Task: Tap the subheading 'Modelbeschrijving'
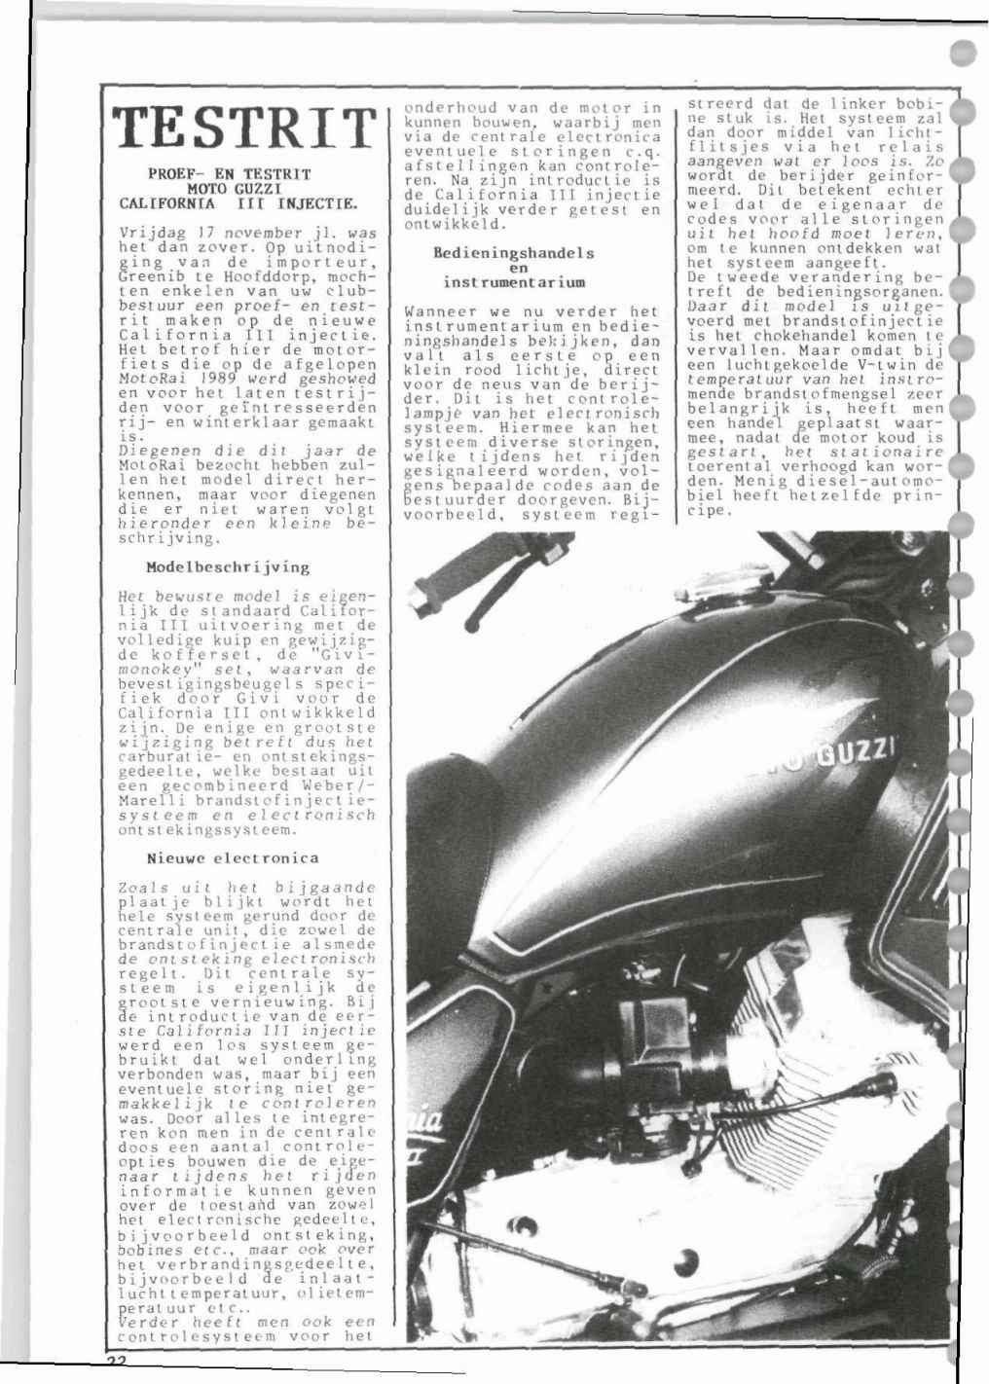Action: pos(228,566)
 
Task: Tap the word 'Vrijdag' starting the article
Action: pos(146,234)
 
